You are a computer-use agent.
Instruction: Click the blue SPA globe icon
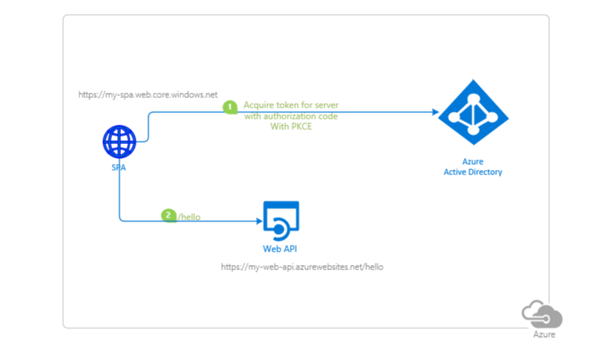click(119, 142)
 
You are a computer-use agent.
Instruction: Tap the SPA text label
click(119, 168)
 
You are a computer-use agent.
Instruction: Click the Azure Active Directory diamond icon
click(473, 112)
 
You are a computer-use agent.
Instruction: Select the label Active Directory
click(473, 172)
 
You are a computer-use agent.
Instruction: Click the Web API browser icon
click(281, 218)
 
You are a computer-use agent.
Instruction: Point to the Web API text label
click(281, 249)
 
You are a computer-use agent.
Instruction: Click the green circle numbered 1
click(230, 107)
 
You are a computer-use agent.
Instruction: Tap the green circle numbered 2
click(168, 216)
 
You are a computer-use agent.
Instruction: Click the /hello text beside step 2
click(189, 217)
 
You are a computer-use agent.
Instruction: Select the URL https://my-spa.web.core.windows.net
click(148, 95)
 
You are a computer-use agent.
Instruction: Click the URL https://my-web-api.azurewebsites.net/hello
click(302, 266)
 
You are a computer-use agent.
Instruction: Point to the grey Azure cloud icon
click(542, 315)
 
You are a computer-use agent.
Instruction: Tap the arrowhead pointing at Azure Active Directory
click(435, 112)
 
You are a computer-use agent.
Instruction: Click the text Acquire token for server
click(291, 106)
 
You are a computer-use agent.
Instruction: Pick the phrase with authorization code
click(292, 117)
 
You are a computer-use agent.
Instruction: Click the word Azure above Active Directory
click(473, 162)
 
